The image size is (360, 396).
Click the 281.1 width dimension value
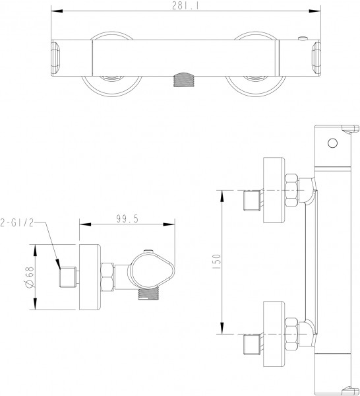pyautogui.click(x=185, y=5)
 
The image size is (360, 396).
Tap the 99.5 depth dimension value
pyautogui.click(x=127, y=219)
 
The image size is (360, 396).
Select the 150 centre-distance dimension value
pyautogui.click(x=217, y=263)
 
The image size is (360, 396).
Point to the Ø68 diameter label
pyautogui.click(x=30, y=277)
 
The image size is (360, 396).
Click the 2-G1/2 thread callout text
pyautogui.click(x=17, y=223)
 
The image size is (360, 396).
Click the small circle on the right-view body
pyautogui.click(x=332, y=143)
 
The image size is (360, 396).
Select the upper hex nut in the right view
pyautogui.click(x=291, y=190)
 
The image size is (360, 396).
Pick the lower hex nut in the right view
pyautogui.click(x=291, y=334)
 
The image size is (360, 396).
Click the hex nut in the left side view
pyautogui.click(x=107, y=277)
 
